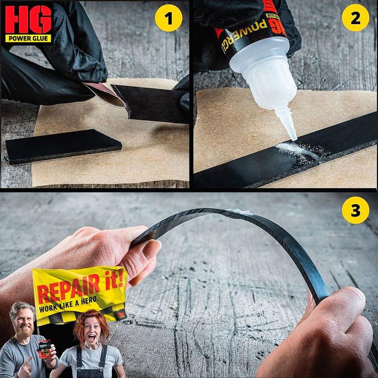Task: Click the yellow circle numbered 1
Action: [169, 19]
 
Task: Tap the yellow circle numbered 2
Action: [355, 19]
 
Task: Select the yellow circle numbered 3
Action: [355, 212]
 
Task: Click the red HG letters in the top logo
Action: [28, 19]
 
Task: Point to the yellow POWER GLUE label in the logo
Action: [28, 38]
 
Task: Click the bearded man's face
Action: [23, 320]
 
